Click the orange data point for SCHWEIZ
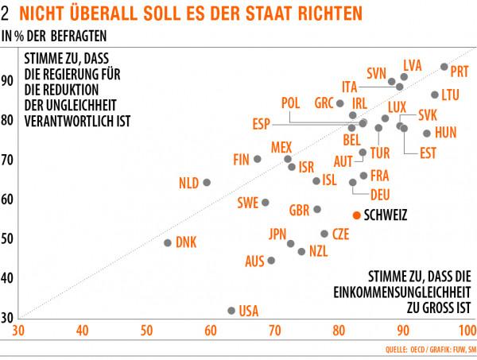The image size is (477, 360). click(x=357, y=215)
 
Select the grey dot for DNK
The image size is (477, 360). click(x=168, y=242)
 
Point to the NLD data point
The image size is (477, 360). click(x=207, y=182)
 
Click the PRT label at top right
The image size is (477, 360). click(x=460, y=72)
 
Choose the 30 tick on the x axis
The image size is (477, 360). click(x=18, y=330)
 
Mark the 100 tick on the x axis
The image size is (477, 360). click(x=467, y=330)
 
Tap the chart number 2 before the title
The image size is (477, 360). click(x=6, y=14)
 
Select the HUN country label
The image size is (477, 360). click(x=446, y=134)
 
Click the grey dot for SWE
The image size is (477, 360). click(x=266, y=203)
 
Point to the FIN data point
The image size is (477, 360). click(x=257, y=159)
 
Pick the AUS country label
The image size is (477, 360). click(x=254, y=261)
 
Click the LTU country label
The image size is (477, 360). click(x=451, y=95)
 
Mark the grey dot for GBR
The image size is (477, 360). click(x=317, y=209)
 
